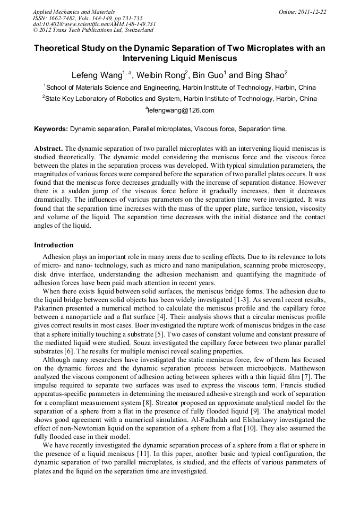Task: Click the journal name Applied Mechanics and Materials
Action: [74, 11]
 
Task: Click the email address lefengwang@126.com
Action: [181, 110]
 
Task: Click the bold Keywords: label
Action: [51, 128]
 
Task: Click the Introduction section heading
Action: [54, 245]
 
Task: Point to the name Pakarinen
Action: [51, 308]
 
